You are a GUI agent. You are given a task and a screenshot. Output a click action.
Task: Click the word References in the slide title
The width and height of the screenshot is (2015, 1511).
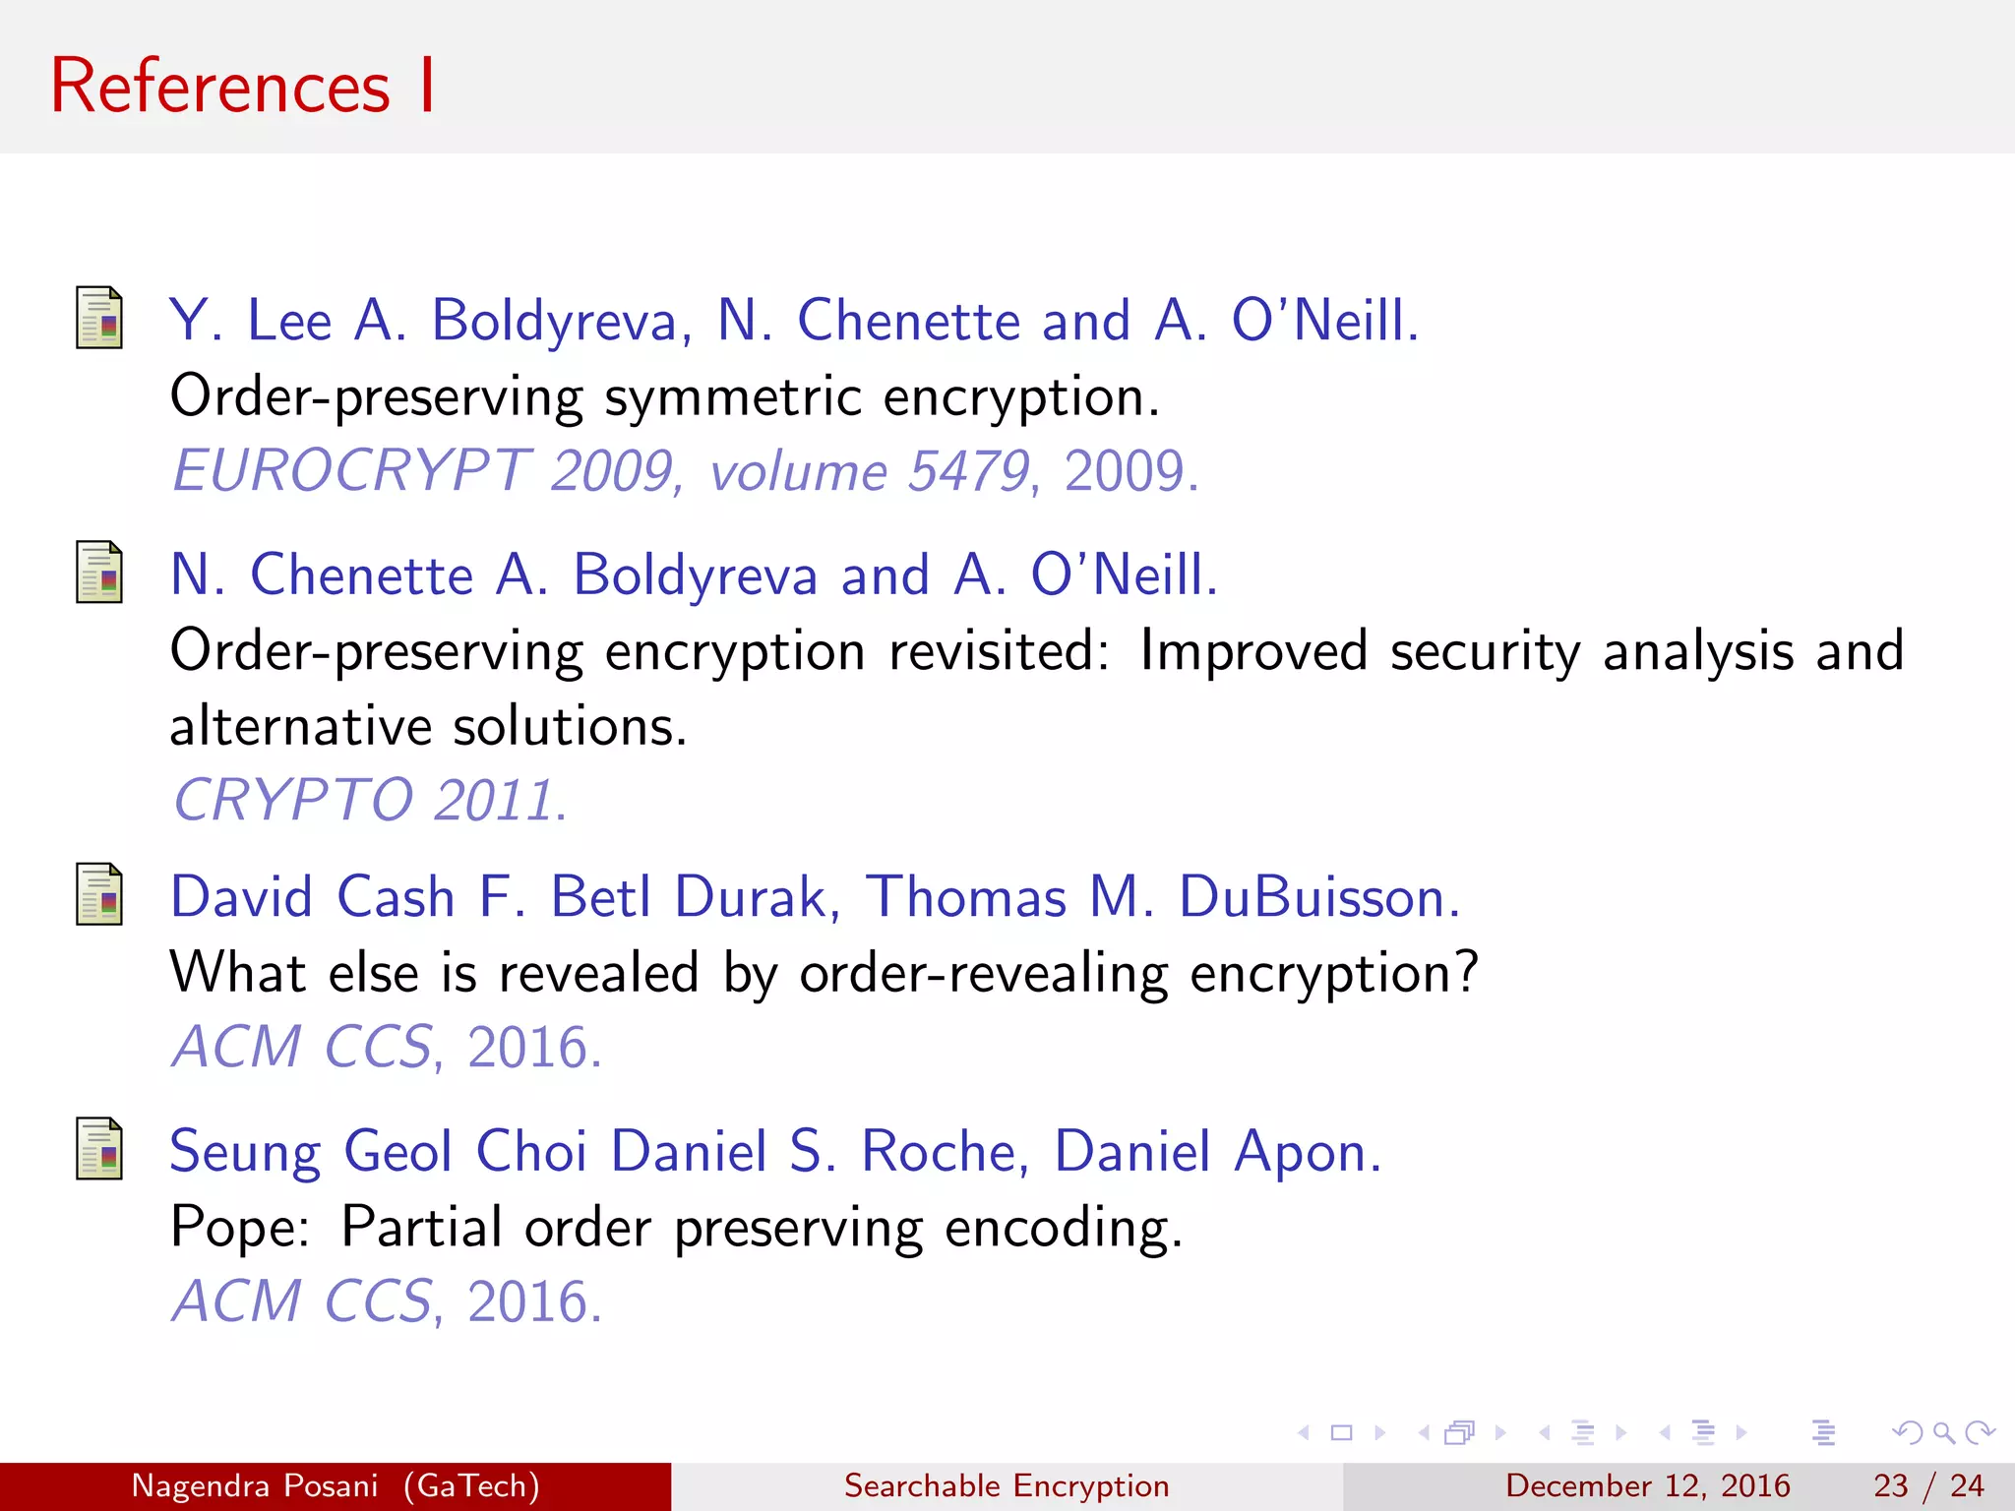point(220,87)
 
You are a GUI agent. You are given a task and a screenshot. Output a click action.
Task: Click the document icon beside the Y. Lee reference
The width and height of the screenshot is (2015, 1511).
point(99,318)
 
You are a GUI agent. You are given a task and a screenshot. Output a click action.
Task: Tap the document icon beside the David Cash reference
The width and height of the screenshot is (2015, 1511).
point(99,894)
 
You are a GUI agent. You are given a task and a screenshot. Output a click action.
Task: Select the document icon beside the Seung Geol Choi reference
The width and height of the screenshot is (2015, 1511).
point(99,1148)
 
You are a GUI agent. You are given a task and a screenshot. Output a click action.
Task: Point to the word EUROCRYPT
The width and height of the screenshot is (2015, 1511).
point(352,470)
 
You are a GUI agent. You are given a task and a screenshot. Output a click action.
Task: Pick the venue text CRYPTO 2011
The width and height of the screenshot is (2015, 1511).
point(370,799)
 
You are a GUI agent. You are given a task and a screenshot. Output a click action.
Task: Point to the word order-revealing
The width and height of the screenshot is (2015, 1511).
point(983,973)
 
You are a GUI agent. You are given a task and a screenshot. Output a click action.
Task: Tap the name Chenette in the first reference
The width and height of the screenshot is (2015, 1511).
point(908,321)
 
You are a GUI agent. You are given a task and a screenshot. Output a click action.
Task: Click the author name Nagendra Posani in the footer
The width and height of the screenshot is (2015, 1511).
point(255,1485)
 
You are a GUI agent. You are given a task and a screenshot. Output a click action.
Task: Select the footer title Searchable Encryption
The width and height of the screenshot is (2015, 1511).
point(1007,1485)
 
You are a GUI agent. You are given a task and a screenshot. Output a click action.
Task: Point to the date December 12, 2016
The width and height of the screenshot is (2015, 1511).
point(1647,1485)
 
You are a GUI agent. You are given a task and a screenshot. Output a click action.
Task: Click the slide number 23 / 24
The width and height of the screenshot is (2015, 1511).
point(1928,1485)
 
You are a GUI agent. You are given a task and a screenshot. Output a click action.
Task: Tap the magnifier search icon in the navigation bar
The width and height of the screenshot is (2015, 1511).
point(1943,1433)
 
